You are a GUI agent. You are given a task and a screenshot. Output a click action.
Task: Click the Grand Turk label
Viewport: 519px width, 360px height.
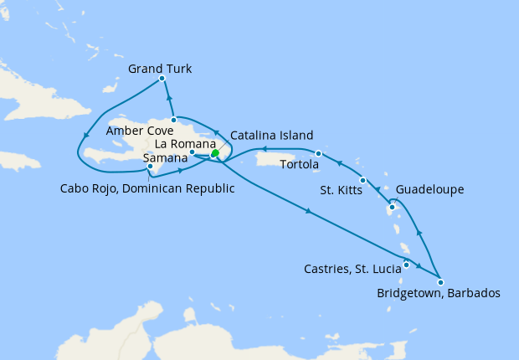[x=160, y=69]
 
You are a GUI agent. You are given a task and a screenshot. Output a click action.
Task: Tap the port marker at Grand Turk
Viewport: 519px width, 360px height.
[x=161, y=80]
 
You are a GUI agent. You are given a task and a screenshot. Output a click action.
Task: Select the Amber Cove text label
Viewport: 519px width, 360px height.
[x=140, y=131]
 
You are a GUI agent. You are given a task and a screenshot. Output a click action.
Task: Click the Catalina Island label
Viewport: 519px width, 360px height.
[x=271, y=135]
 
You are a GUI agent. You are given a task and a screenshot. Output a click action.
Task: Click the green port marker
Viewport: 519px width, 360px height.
[x=215, y=153]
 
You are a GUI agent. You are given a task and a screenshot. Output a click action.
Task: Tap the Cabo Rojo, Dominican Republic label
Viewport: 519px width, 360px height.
[x=147, y=188]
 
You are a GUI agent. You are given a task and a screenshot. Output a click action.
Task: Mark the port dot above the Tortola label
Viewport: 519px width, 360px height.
[x=319, y=153]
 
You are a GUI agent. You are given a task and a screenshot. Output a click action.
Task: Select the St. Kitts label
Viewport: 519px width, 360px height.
[x=341, y=190]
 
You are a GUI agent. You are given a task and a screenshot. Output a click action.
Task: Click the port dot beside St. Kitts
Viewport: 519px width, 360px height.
[x=362, y=181]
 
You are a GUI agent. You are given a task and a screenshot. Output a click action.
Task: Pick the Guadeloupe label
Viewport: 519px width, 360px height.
[x=429, y=190]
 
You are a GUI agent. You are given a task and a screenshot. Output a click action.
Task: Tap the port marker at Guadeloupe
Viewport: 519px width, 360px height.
[x=392, y=207]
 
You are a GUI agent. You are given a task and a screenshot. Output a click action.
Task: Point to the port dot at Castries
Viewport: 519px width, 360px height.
[x=406, y=266]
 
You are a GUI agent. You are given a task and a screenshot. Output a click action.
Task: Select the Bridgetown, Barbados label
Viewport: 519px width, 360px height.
[x=438, y=294]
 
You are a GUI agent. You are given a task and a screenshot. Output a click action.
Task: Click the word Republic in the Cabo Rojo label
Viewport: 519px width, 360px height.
[x=207, y=188]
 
